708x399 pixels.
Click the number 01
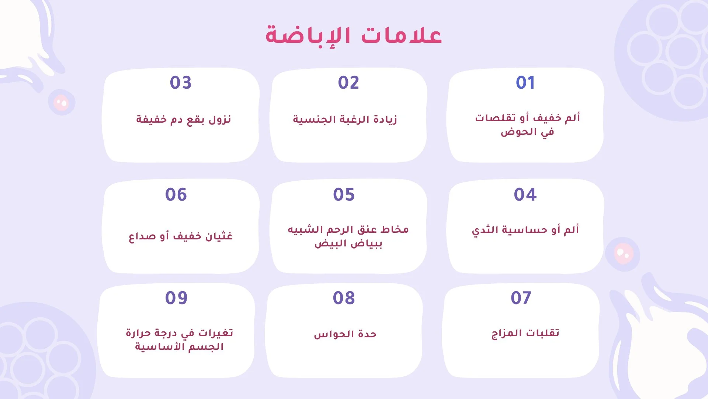(x=525, y=83)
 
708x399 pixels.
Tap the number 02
(x=348, y=83)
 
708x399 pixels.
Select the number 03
(x=181, y=83)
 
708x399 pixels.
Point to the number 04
(x=525, y=195)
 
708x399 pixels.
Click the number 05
(x=344, y=195)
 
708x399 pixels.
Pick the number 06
(x=176, y=195)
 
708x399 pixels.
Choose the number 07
(x=521, y=298)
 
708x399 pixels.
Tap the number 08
(x=344, y=298)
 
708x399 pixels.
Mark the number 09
(x=176, y=298)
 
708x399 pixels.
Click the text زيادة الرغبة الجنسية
(x=345, y=120)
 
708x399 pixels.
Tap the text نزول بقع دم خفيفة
(x=183, y=120)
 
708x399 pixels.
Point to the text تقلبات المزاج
(x=525, y=334)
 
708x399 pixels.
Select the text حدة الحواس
(x=345, y=334)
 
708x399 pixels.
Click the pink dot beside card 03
(x=61, y=102)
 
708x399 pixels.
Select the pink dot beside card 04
(x=623, y=254)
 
